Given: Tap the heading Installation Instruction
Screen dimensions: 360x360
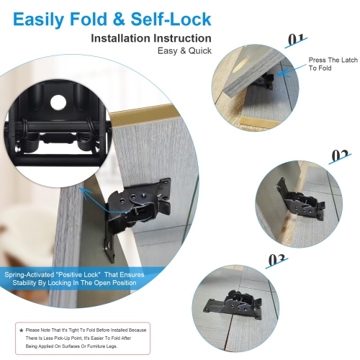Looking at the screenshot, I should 150,37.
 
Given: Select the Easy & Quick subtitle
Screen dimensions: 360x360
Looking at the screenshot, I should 184,50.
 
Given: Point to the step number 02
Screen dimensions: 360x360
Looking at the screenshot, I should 340,156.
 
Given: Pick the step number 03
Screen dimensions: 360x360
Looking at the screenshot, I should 277,258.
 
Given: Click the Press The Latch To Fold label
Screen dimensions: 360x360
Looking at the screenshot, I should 332,63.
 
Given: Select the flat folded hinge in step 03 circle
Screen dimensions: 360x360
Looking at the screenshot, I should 241,305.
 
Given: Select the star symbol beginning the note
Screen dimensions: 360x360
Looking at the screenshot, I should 20,330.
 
